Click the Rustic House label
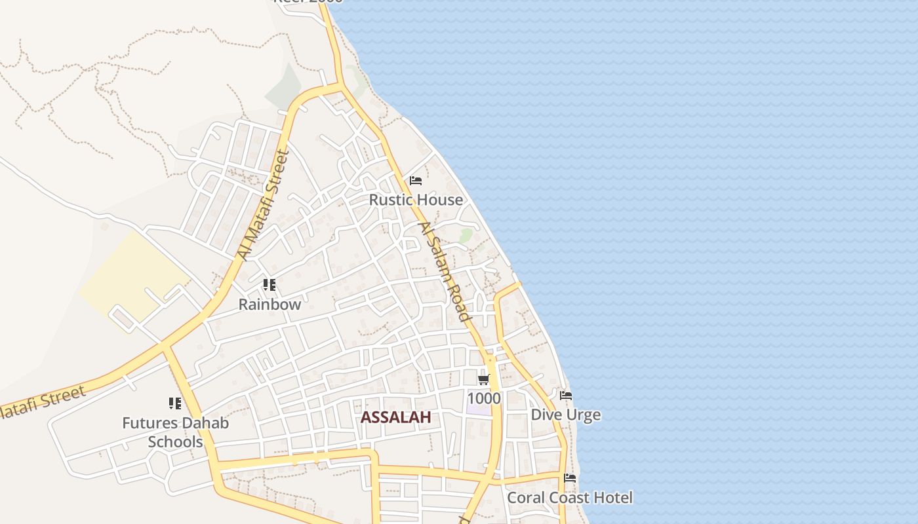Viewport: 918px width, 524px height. click(416, 200)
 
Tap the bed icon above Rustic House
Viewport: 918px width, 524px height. click(415, 181)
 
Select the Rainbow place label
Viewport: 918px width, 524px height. click(269, 305)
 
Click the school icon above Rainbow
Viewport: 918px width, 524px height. click(269, 285)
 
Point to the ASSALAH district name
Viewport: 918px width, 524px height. click(395, 417)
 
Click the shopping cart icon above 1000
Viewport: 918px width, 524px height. click(483, 379)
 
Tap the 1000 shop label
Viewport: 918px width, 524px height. click(484, 398)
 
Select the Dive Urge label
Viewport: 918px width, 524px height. click(565, 415)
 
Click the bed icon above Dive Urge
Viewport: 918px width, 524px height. click(565, 396)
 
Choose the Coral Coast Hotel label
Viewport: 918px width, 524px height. click(570, 498)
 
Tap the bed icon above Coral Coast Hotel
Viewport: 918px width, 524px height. click(570, 478)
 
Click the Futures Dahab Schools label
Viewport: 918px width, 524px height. click(175, 432)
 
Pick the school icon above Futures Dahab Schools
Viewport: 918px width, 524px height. click(174, 403)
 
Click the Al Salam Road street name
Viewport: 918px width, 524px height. click(445, 271)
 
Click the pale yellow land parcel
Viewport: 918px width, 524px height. click(131, 275)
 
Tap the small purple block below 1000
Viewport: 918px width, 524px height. click(478, 410)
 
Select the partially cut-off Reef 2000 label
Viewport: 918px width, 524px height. click(308, 2)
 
